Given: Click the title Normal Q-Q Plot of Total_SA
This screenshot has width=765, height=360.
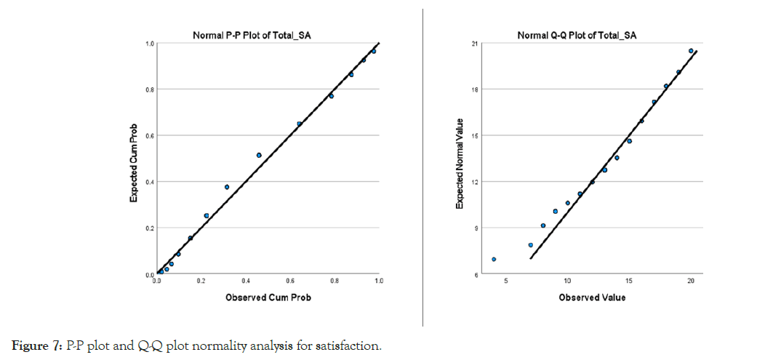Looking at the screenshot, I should [x=577, y=35].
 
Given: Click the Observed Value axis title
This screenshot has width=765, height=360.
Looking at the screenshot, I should [x=592, y=297].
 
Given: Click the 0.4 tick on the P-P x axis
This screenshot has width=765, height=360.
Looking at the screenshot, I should [x=246, y=281].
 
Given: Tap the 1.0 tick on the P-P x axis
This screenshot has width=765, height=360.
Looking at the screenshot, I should [x=378, y=281].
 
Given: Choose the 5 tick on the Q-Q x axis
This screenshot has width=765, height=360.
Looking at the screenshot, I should [x=505, y=281].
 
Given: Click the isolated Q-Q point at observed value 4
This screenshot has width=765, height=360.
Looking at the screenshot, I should [x=494, y=259].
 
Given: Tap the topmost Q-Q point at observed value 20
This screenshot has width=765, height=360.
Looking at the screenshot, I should [x=691, y=51].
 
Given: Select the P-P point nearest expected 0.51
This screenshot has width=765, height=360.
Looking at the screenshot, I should [x=259, y=155].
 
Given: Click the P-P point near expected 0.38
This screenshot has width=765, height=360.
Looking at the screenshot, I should [x=227, y=187].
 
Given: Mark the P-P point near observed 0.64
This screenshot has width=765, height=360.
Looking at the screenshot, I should [x=299, y=124].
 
